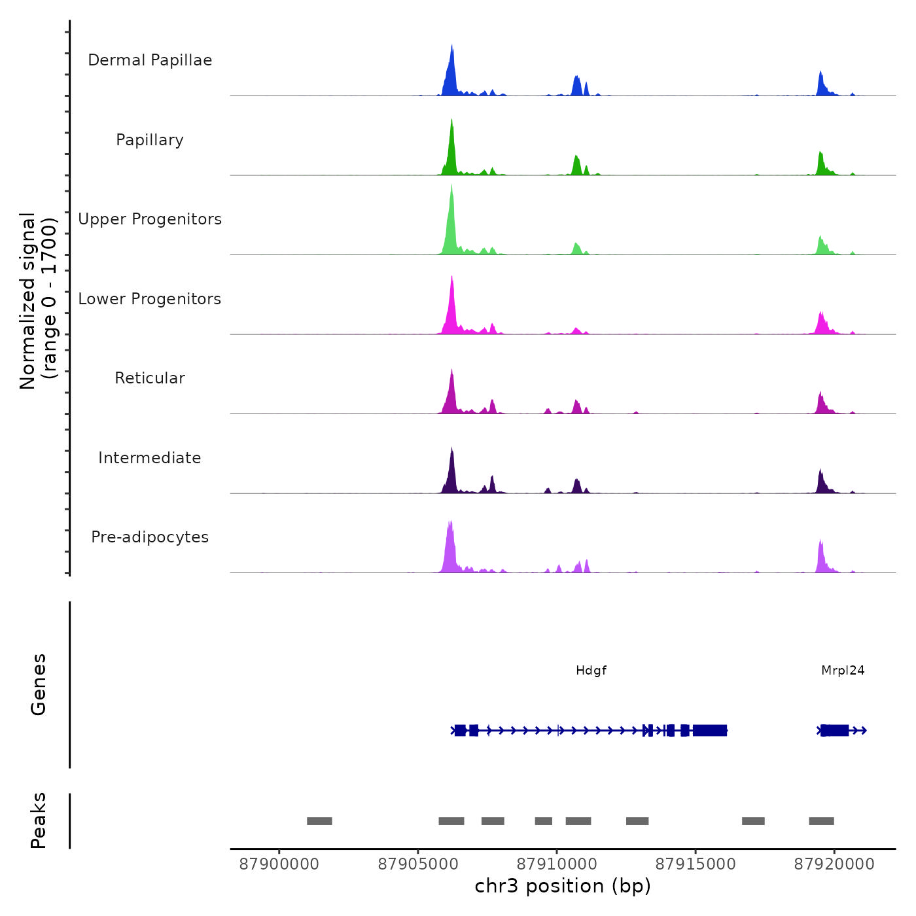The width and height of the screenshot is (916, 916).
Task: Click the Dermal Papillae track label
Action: (150, 60)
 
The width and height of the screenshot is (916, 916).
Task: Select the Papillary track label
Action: (150, 140)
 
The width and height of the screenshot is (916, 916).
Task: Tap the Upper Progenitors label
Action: (150, 219)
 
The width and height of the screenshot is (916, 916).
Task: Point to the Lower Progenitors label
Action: (150, 299)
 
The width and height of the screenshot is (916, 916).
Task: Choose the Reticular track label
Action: (150, 378)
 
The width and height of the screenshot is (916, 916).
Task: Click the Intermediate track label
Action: (150, 458)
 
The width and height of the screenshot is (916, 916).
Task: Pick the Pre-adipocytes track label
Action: (150, 537)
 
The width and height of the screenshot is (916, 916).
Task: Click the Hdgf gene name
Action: (591, 670)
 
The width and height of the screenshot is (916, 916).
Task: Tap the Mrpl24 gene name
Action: (843, 670)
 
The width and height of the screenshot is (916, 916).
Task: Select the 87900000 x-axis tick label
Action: (279, 864)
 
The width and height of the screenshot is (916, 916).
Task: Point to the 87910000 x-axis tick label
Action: (557, 864)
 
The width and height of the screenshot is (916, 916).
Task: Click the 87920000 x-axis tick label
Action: (834, 864)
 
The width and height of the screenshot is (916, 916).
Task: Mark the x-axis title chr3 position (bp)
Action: (563, 886)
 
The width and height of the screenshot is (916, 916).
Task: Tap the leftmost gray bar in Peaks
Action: (319, 821)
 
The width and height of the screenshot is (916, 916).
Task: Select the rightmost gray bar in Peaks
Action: (821, 821)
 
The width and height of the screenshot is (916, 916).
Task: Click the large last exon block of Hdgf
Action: (710, 730)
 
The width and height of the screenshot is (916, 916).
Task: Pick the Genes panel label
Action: (38, 684)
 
